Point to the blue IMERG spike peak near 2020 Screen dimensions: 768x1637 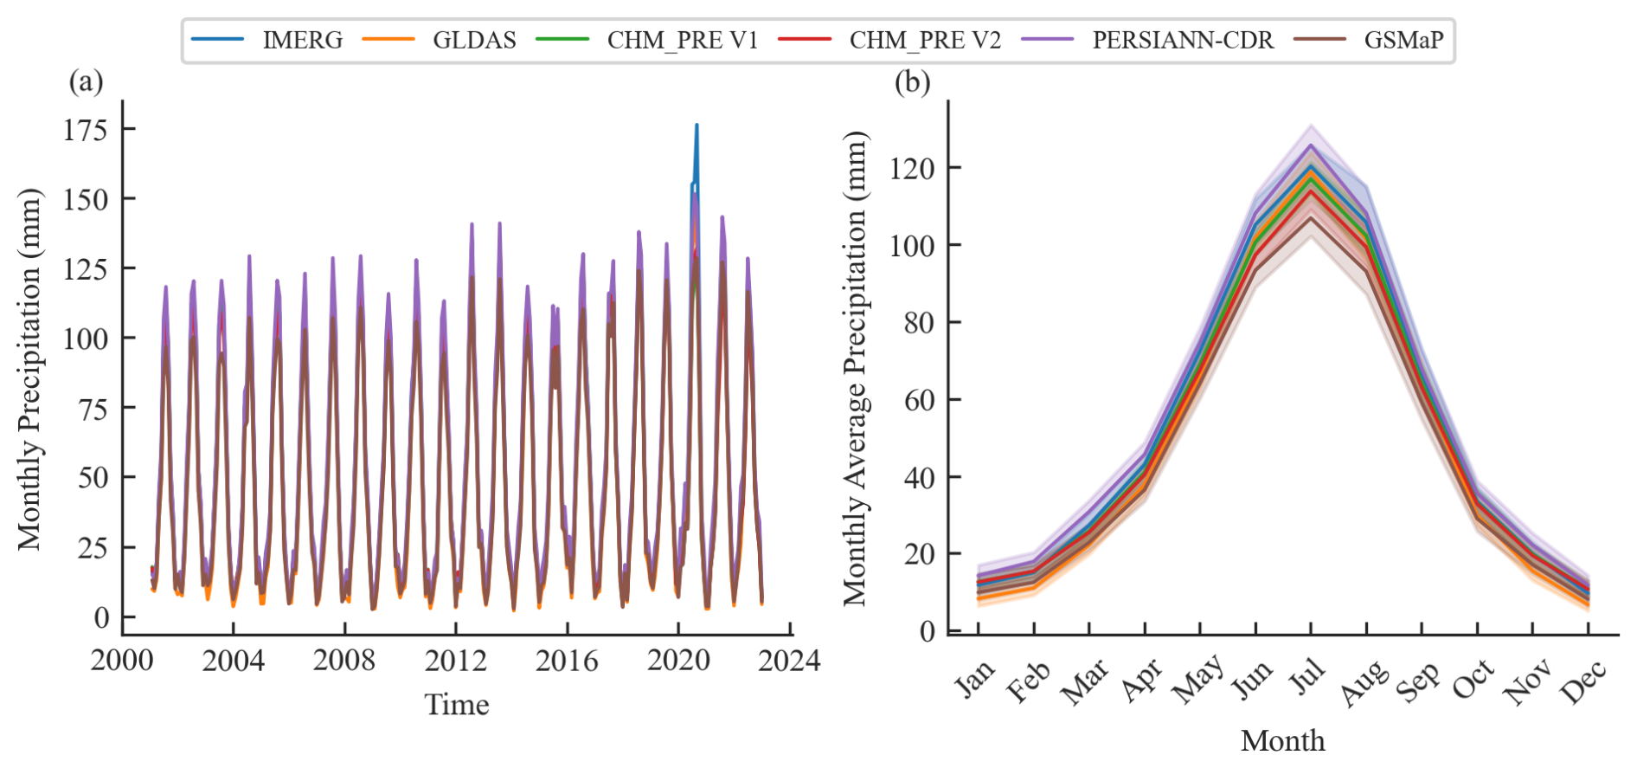(x=697, y=126)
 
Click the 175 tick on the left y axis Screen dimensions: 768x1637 (x=86, y=130)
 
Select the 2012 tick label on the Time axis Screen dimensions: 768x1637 (x=455, y=661)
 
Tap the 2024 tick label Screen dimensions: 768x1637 (x=788, y=661)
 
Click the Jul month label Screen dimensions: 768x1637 (x=1306, y=676)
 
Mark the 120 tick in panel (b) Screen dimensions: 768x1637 (x=912, y=167)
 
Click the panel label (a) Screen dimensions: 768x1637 (x=86, y=82)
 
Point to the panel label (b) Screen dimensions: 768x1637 (x=912, y=82)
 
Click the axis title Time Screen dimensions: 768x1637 (x=456, y=705)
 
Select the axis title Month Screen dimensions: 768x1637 (x=1282, y=741)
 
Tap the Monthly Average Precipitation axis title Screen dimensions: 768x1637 (x=855, y=368)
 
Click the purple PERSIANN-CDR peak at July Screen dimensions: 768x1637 (x=1311, y=145)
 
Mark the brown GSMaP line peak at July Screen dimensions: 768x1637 (x=1311, y=217)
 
